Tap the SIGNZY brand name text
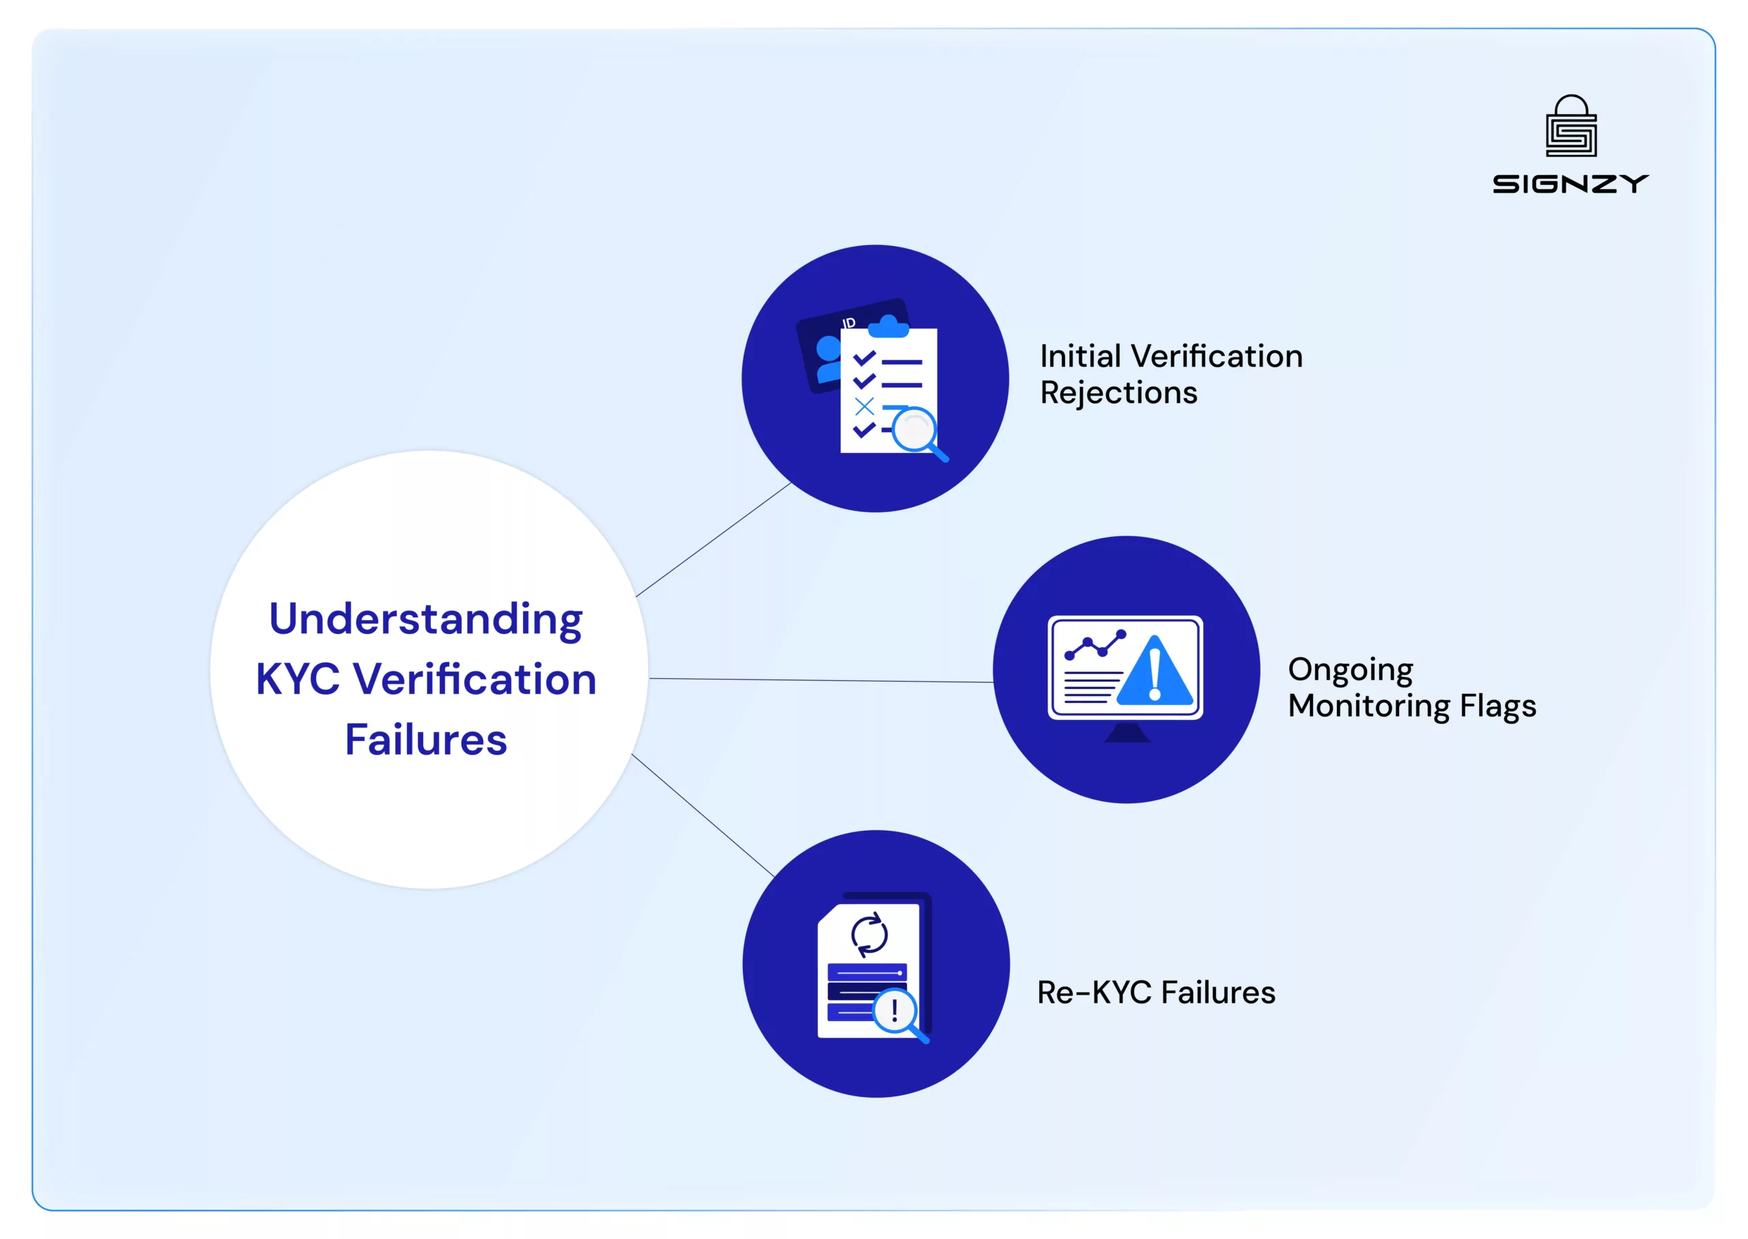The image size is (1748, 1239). point(1570,184)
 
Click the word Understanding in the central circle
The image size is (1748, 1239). point(425,619)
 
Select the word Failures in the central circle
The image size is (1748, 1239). point(425,739)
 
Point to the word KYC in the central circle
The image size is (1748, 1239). point(298,679)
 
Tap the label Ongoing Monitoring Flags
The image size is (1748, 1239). point(1411,687)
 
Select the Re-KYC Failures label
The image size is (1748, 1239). point(1155,992)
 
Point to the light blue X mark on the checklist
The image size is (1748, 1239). point(864,406)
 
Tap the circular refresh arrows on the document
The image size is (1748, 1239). point(869,934)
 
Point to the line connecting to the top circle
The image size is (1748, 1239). point(714,539)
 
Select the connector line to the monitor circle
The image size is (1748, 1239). point(821,680)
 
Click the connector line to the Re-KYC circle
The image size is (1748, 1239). point(703,815)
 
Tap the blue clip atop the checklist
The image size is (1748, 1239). point(888,326)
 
